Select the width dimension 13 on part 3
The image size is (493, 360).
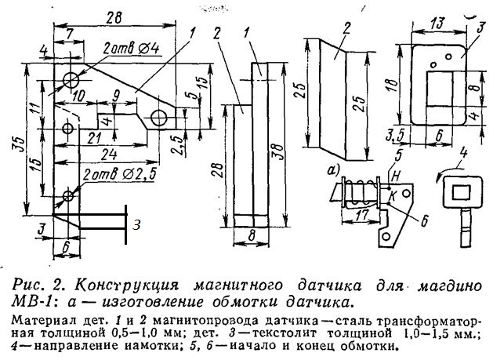point(439,23)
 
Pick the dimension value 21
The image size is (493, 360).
point(94,139)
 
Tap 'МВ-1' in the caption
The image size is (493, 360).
point(31,301)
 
